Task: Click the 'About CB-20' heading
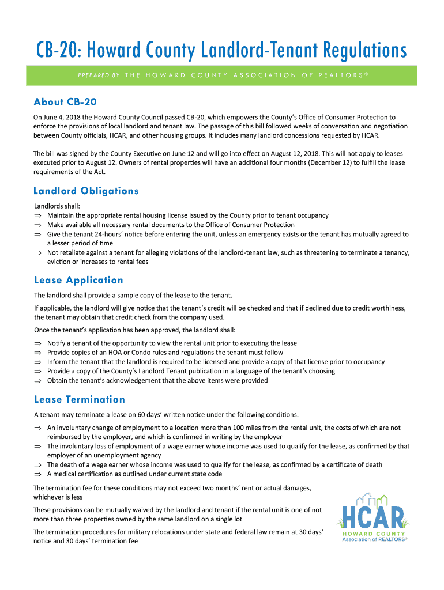(x=65, y=102)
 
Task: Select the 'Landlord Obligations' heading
(x=86, y=191)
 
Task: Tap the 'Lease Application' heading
(x=78, y=281)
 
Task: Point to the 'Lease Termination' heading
(x=80, y=400)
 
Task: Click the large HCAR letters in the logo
(x=374, y=516)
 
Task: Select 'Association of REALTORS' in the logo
(x=375, y=540)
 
